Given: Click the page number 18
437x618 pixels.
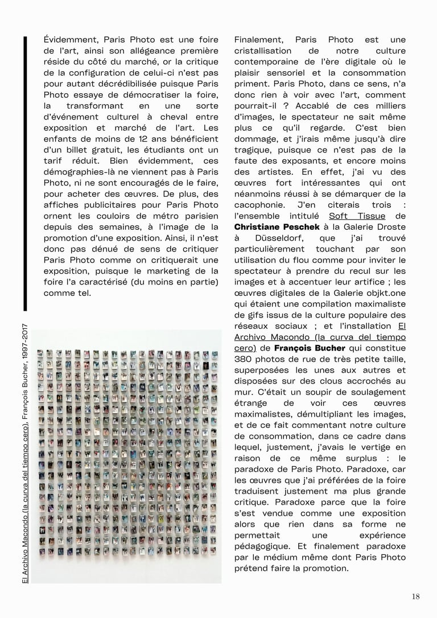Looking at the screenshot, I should pos(415,596).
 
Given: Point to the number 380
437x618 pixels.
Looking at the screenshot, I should pos(245,359).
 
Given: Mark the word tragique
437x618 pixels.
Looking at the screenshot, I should pos(253,150).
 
